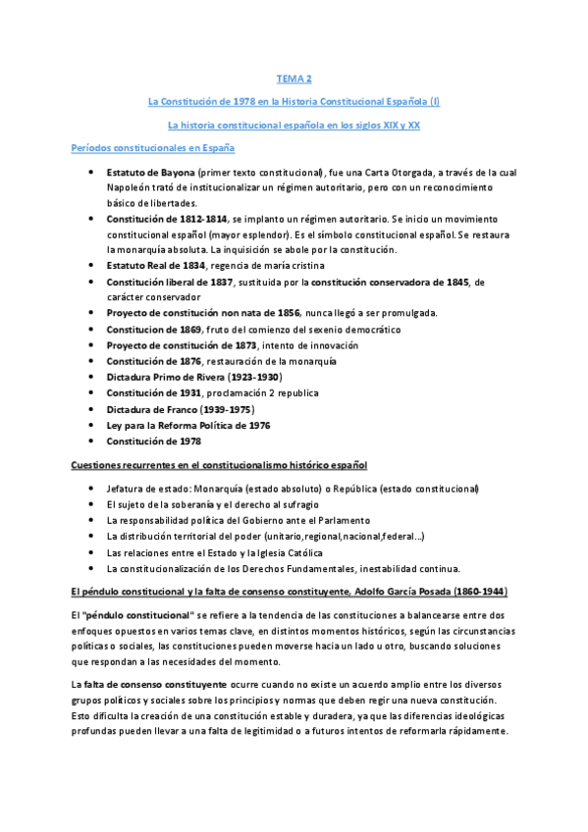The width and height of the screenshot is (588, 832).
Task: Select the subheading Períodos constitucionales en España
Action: tap(153, 147)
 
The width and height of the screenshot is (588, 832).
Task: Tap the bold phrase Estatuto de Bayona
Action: tap(150, 173)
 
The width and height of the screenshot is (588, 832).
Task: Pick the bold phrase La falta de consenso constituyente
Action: tap(149, 682)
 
